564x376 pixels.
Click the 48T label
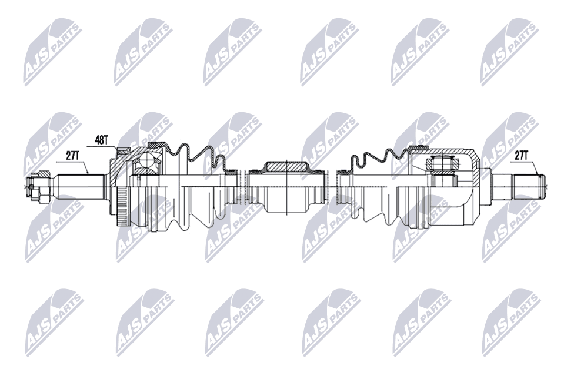(x=102, y=140)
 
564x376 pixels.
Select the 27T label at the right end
(x=521, y=156)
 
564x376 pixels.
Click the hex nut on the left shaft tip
(x=40, y=186)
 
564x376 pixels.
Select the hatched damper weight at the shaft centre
(x=286, y=166)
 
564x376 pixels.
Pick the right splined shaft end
(x=530, y=187)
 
